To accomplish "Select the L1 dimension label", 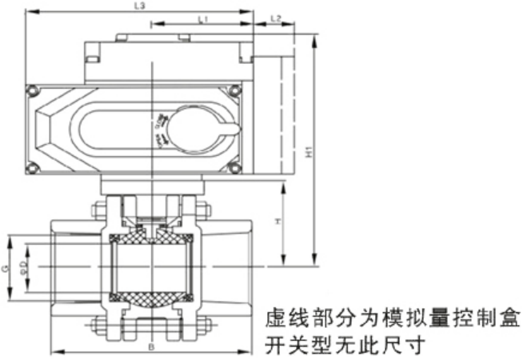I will pyautogui.click(x=202, y=17).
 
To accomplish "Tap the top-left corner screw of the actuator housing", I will pyautogui.click(x=31, y=90).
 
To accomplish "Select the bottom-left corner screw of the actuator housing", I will pyautogui.click(x=31, y=167).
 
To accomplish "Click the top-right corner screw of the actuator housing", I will pyautogui.click(x=235, y=90).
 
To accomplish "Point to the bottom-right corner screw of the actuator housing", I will pyautogui.click(x=235, y=167).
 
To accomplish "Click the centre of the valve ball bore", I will pyautogui.click(x=150, y=266).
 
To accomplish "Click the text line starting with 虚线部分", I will pyautogui.click(x=392, y=318).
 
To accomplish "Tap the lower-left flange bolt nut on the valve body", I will pyautogui.click(x=98, y=326).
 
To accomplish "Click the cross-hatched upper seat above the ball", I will pyautogui.click(x=151, y=237).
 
